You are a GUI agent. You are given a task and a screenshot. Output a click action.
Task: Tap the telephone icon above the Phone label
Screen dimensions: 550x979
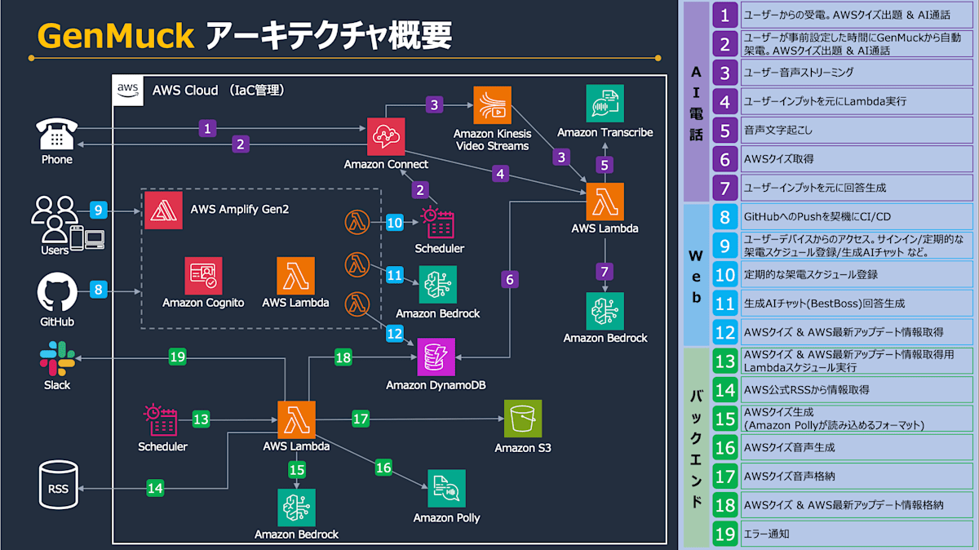(x=57, y=134)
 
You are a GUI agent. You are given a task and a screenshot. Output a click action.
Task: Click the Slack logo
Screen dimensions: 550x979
(x=57, y=358)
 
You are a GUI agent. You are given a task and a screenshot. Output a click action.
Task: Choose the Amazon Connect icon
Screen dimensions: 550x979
(x=386, y=136)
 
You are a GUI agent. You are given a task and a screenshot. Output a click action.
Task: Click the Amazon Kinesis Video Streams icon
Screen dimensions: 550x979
(x=492, y=104)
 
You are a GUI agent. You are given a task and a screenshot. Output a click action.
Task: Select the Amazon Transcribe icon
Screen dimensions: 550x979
(x=605, y=104)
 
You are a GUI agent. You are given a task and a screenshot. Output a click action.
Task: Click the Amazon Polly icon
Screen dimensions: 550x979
(x=446, y=489)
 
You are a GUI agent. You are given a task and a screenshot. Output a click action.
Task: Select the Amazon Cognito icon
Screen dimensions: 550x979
(x=203, y=277)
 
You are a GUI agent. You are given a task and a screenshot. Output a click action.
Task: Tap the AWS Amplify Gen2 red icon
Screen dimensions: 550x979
(x=163, y=211)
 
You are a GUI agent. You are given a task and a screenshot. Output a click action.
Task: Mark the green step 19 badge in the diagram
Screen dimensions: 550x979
(x=178, y=357)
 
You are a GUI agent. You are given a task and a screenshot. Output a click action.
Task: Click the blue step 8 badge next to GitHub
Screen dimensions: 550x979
(x=98, y=289)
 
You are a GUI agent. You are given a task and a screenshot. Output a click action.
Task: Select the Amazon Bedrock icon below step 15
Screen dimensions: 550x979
(x=296, y=508)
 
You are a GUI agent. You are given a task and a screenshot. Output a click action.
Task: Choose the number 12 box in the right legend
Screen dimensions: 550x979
(x=724, y=332)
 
